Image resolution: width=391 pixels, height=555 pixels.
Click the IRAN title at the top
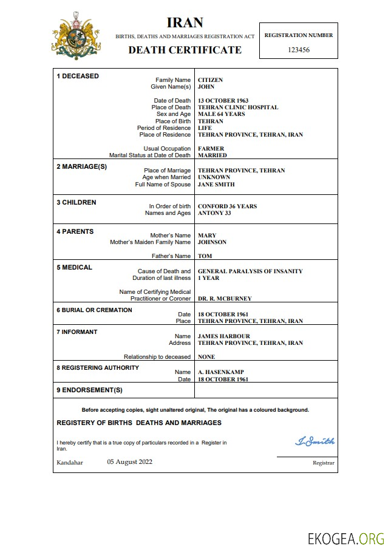click(x=185, y=23)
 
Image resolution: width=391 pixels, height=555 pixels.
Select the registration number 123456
click(x=298, y=50)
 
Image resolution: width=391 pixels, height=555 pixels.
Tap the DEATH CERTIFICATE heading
click(x=185, y=50)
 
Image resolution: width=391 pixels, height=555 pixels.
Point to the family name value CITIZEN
click(x=210, y=80)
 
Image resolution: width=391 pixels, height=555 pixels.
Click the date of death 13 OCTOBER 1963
click(x=223, y=101)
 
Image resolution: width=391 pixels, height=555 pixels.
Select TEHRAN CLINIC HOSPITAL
click(x=238, y=107)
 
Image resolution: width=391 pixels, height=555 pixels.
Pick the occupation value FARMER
click(x=211, y=149)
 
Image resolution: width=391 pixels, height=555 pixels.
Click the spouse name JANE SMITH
click(x=216, y=185)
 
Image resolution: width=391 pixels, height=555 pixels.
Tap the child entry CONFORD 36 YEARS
click(x=227, y=206)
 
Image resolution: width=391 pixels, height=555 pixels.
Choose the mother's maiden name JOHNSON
click(x=212, y=242)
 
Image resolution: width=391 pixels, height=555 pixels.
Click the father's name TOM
click(x=205, y=256)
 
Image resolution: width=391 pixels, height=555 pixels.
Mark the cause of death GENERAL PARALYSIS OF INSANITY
click(x=250, y=271)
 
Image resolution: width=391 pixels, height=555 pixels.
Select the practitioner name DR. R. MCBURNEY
click(x=225, y=299)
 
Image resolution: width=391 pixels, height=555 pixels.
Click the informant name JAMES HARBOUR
click(x=223, y=336)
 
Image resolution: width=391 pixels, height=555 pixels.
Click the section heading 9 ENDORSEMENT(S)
click(x=89, y=390)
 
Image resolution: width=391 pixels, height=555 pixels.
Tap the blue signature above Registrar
click(x=314, y=441)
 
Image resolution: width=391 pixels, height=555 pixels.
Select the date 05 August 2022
click(x=130, y=461)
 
